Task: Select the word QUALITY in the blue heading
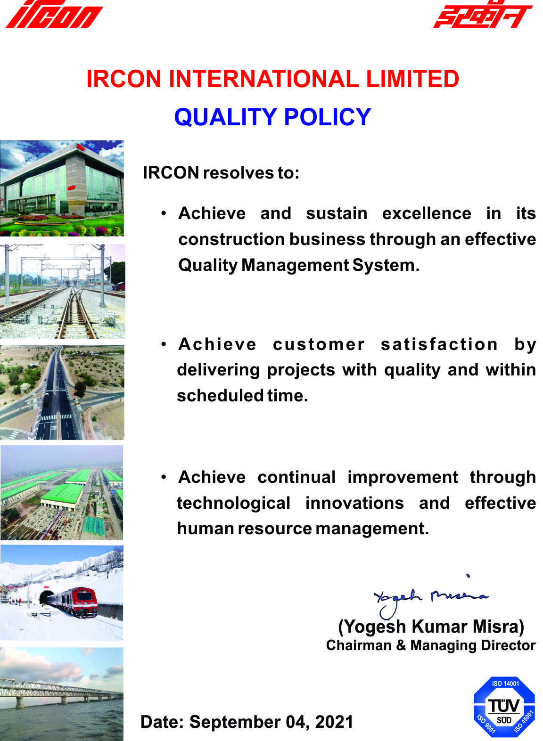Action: coord(225,117)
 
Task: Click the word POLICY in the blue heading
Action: coord(328,117)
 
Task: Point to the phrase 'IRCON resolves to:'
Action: coord(221,173)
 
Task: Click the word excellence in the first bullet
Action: coord(427,213)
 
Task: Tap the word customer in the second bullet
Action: coord(319,344)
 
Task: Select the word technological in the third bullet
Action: coord(233,503)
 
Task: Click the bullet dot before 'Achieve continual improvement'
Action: coord(164,477)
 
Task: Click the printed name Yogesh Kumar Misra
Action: coord(431,627)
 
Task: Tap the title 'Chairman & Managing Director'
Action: coord(431,645)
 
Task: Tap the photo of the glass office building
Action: coord(62,188)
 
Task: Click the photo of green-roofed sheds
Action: coord(62,492)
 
